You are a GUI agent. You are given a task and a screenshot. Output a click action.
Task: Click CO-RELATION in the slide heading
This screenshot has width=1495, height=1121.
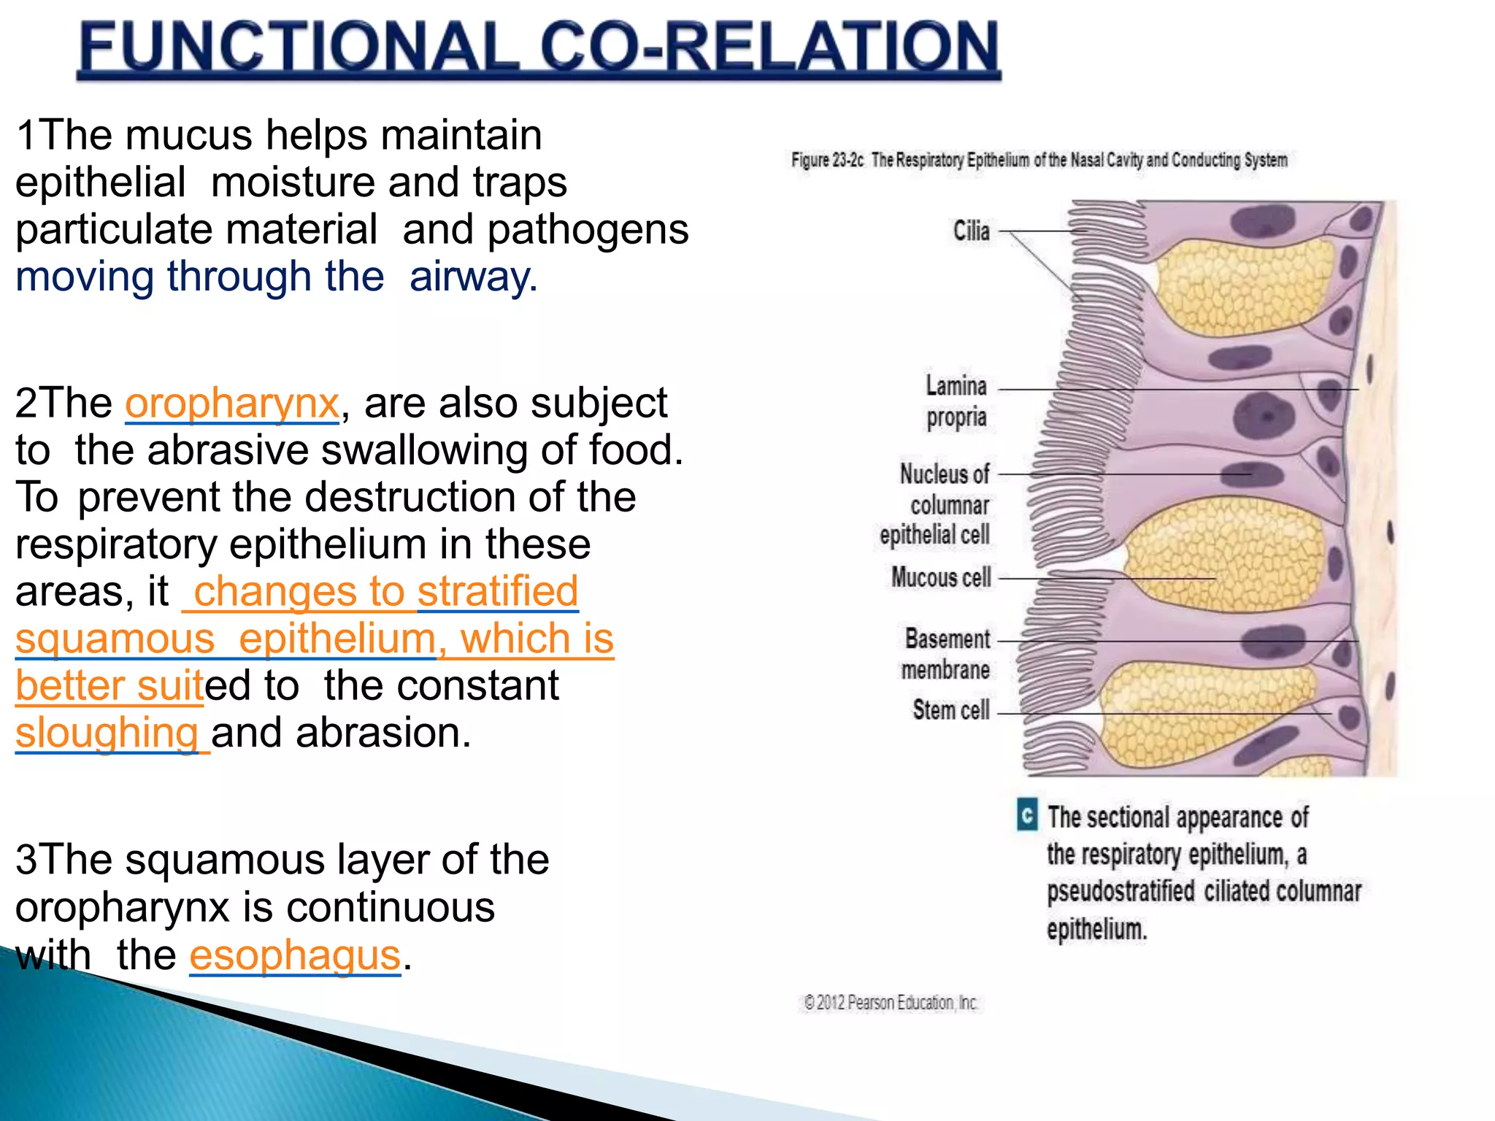click(769, 47)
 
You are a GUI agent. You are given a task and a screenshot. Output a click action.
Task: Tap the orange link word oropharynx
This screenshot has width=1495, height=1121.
click(231, 404)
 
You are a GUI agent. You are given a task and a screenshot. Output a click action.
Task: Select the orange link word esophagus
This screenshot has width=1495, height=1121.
click(295, 955)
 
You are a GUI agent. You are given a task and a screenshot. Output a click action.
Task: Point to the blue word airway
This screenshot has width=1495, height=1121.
click(473, 277)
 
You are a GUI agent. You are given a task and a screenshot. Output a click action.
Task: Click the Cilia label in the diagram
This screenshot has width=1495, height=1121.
click(972, 231)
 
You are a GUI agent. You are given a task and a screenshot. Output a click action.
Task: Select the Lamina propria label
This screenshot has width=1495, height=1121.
click(956, 401)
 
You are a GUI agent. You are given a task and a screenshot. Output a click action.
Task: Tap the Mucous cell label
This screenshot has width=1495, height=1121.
click(941, 577)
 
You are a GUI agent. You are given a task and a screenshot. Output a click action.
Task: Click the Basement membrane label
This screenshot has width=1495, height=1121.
click(946, 654)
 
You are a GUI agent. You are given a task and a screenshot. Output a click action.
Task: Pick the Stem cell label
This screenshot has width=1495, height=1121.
click(951, 709)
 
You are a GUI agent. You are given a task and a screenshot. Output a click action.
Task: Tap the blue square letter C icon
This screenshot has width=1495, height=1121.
click(1027, 815)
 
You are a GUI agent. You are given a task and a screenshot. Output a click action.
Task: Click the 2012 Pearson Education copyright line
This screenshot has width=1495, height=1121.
click(891, 1003)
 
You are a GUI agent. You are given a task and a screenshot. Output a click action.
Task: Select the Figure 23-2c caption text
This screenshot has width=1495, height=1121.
click(1039, 160)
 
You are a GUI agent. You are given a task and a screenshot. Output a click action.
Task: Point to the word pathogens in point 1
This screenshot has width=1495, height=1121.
click(588, 230)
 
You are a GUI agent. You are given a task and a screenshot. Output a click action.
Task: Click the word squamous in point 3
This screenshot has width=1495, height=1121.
click(223, 860)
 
